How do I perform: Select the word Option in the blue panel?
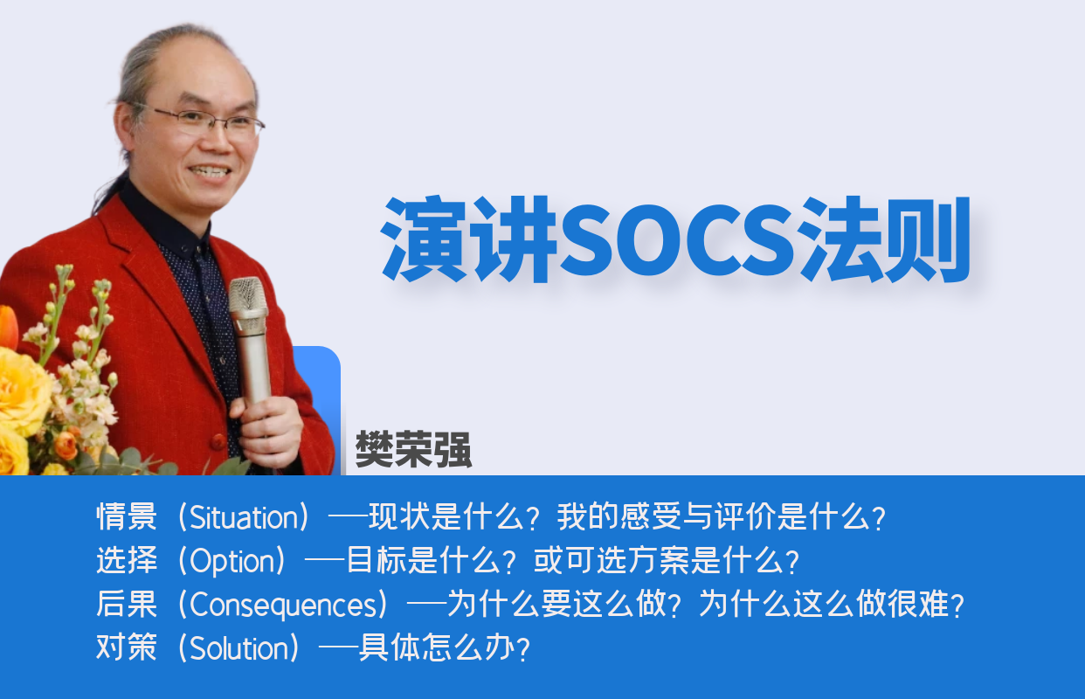[x=232, y=562]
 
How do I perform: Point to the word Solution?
[x=238, y=649]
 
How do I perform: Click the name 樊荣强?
[x=413, y=451]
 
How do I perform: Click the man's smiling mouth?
[x=210, y=171]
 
